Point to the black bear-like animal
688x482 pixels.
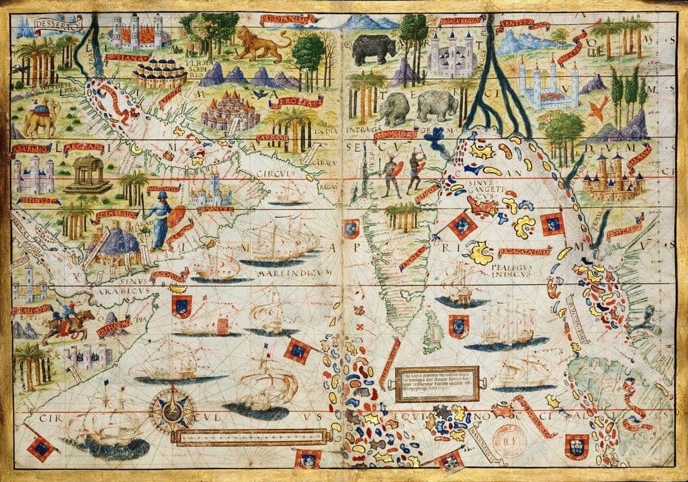tap(374, 48)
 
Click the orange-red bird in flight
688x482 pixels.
tap(599, 106)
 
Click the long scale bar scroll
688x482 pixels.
tap(249, 438)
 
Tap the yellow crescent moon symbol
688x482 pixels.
tap(137, 150)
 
